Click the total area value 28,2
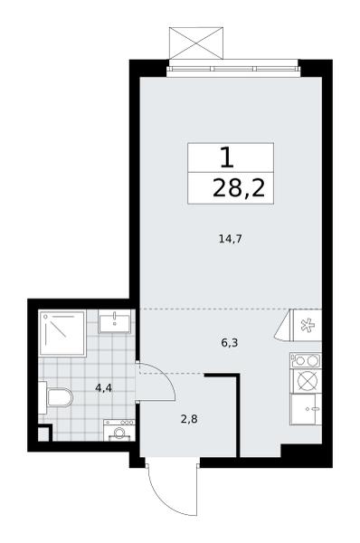point(239,189)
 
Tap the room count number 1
point(227,157)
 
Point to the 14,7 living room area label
point(230,239)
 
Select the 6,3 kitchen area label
point(230,343)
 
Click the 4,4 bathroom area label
point(103,388)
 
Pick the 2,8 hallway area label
point(189,419)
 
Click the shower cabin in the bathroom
point(62,333)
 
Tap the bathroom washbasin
point(115,321)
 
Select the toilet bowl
point(56,397)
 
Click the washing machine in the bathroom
point(119,430)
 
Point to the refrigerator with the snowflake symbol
point(308,325)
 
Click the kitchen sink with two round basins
point(306,360)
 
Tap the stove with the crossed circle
point(306,381)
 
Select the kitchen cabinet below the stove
point(306,409)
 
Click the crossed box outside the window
point(196,43)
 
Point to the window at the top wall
point(233,69)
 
